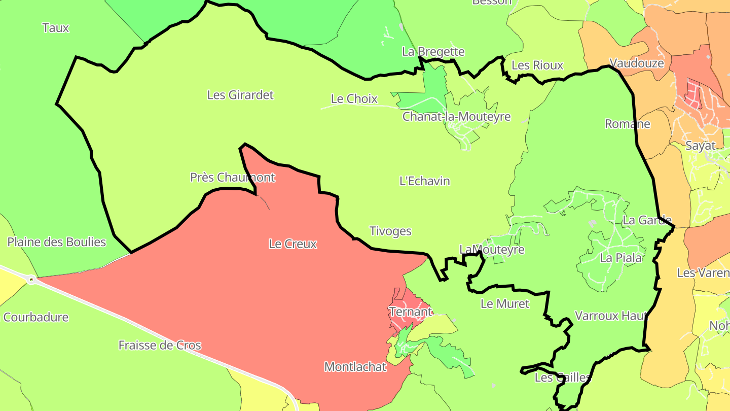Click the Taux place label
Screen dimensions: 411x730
tap(56, 28)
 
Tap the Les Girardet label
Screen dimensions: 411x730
tap(240, 95)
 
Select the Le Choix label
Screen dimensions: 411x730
tap(354, 99)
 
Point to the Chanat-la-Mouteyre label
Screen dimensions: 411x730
tap(456, 117)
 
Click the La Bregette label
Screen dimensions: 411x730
tap(433, 52)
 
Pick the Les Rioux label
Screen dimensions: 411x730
tap(537, 65)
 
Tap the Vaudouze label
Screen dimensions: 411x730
tap(636, 63)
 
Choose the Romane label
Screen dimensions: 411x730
tap(628, 124)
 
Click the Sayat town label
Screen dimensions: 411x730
tap(701, 146)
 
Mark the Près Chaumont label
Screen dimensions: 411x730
tap(233, 178)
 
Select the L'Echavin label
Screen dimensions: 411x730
tap(425, 181)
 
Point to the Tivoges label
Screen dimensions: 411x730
tap(390, 231)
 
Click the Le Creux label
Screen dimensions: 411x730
tap(293, 244)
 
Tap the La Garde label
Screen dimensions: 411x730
tap(647, 220)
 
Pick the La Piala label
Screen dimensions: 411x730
tap(620, 258)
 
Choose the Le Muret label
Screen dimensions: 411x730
tap(504, 304)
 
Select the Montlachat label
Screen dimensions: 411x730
tap(355, 367)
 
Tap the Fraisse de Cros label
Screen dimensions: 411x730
tap(160, 346)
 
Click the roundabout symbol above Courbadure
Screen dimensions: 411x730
tap(31, 279)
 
